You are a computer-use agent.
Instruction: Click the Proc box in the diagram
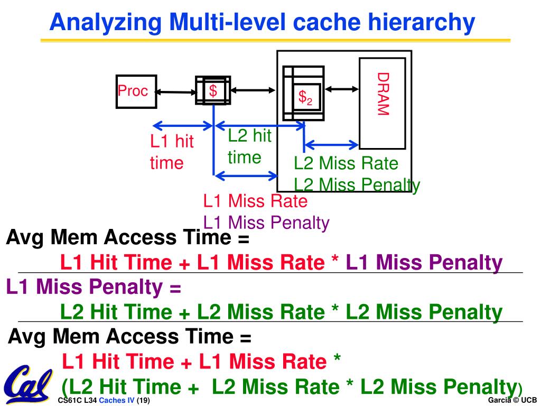136,91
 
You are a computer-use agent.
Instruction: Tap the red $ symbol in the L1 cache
213,91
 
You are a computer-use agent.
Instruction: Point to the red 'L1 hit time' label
172,152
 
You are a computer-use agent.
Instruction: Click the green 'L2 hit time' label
249,146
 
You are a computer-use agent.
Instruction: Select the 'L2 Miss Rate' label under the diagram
346,163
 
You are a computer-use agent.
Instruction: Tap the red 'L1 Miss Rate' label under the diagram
255,201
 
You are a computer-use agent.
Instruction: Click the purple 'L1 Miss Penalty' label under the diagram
266,223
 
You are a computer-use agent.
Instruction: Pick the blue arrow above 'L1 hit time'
182,126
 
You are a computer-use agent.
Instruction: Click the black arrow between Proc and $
175,92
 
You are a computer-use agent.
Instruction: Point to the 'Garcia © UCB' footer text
512,400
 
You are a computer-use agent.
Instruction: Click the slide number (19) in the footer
143,400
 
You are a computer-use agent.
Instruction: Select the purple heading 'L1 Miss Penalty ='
94,287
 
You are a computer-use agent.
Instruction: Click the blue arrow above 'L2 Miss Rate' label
332,144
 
